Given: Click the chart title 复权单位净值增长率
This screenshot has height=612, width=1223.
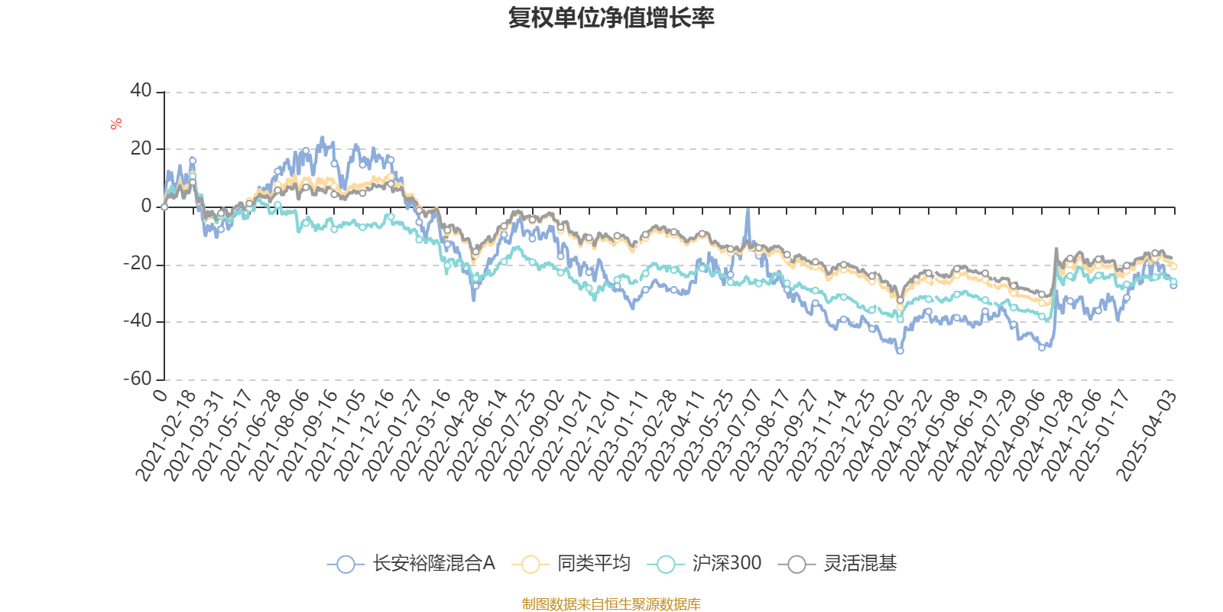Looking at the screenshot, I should pyautogui.click(x=611, y=18).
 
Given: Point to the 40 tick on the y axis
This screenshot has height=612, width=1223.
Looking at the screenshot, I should pyautogui.click(x=141, y=90).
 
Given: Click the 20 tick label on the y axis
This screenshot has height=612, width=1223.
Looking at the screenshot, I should pyautogui.click(x=141, y=148).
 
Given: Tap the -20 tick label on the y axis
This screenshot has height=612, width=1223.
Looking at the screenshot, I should pyautogui.click(x=138, y=264).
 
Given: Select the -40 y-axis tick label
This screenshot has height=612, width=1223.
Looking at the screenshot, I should pyautogui.click(x=138, y=321).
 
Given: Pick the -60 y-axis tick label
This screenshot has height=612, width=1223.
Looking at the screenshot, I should pyautogui.click(x=138, y=379).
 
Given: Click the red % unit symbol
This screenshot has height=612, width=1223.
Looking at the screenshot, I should pyautogui.click(x=116, y=124).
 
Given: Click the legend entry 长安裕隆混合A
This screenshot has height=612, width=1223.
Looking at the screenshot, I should pyautogui.click(x=412, y=564).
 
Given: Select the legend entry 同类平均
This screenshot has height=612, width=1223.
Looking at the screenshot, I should pyautogui.click(x=574, y=564).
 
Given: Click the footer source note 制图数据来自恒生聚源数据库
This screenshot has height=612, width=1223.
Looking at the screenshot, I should pyautogui.click(x=611, y=604).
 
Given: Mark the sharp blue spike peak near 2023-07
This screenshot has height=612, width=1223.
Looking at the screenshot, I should pyautogui.click(x=748, y=209).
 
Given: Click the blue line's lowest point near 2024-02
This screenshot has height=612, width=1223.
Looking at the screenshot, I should pyautogui.click(x=900, y=351).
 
